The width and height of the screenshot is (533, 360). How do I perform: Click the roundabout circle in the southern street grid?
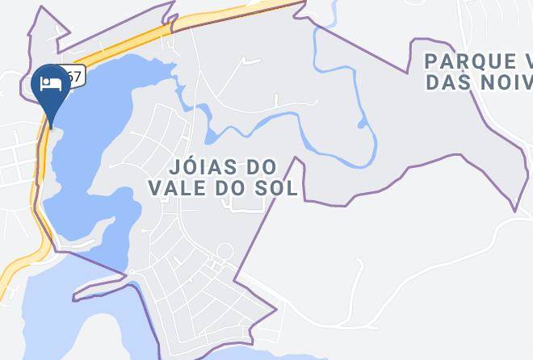(226, 253)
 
